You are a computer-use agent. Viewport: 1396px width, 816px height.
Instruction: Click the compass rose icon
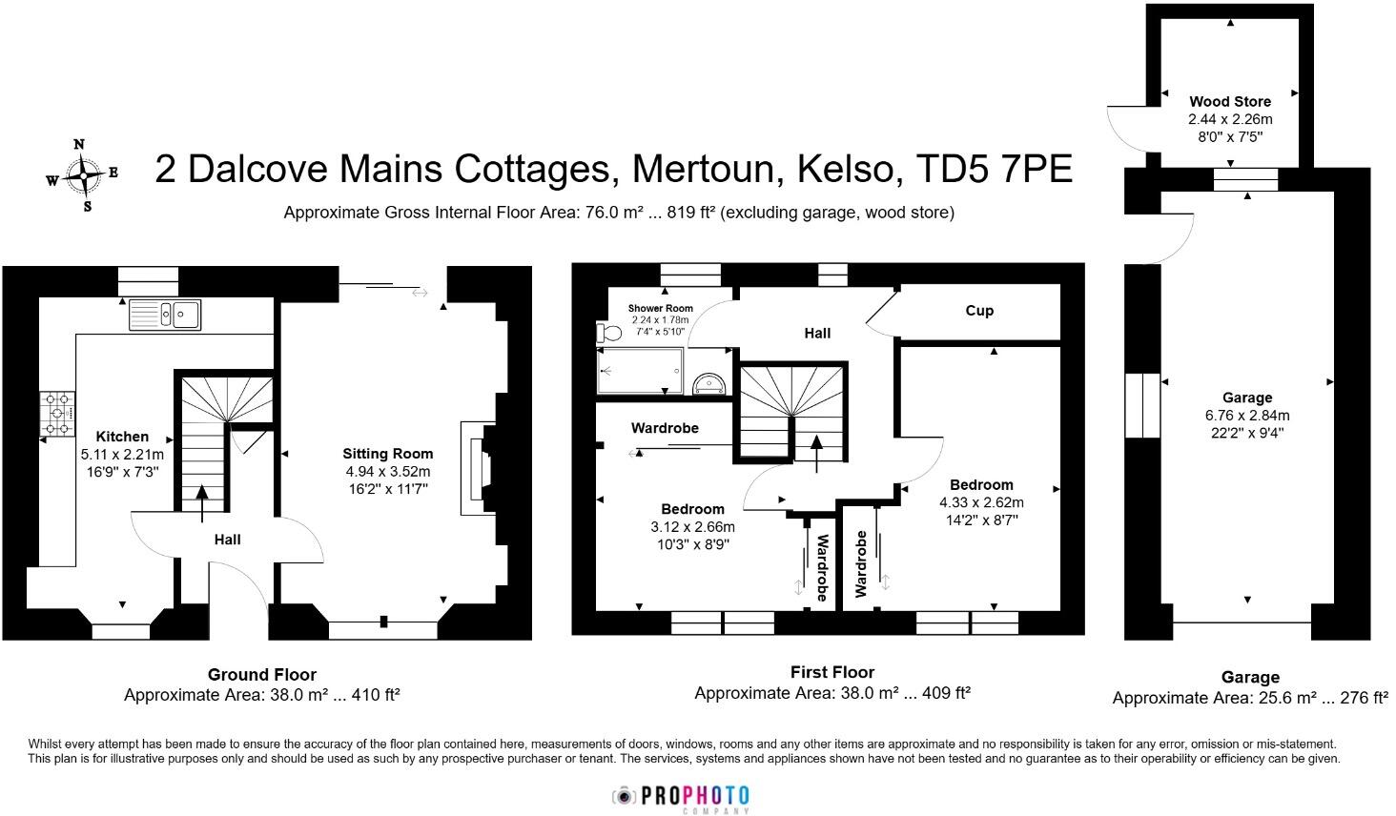[84, 175]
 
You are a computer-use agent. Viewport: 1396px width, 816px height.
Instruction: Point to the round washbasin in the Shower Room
[709, 383]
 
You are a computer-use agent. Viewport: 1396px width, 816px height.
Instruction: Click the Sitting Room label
[387, 454]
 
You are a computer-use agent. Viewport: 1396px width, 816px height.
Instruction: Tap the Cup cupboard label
[979, 311]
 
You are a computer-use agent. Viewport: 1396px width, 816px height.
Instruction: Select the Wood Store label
[1230, 101]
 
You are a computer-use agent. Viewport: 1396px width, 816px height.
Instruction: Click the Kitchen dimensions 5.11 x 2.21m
[122, 455]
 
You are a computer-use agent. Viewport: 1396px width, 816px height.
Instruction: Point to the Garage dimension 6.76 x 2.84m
[1247, 416]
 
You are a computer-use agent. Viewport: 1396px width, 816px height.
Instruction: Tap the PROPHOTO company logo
[681, 797]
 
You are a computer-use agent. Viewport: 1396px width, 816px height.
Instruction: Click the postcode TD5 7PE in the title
[994, 169]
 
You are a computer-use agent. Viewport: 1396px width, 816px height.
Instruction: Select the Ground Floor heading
[261, 675]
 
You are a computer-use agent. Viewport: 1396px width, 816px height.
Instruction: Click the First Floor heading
[831, 672]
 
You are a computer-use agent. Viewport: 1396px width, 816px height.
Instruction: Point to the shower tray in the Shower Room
[641, 370]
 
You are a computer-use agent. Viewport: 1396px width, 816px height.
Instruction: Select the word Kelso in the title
[849, 169]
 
